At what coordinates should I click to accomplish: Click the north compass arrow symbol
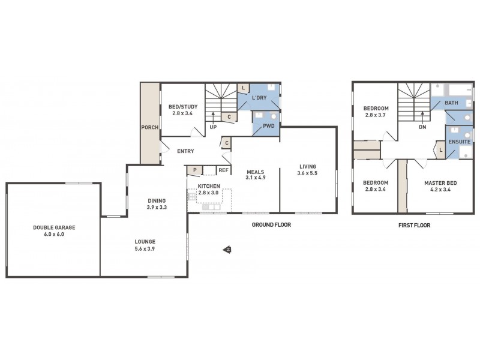(227, 250)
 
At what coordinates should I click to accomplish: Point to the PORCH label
(149, 127)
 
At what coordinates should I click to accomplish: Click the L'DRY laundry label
(259, 97)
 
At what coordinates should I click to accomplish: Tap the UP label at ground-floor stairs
(213, 127)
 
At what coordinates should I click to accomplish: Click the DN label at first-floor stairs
(422, 127)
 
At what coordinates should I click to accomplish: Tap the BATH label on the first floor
(451, 103)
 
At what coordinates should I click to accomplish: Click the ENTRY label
(185, 151)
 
